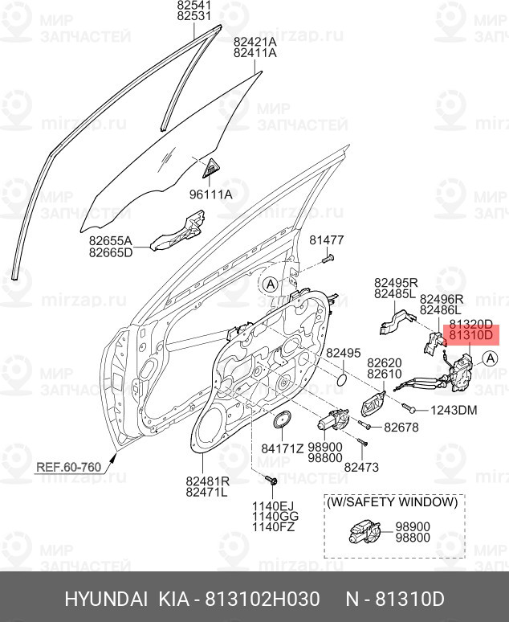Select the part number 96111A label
coord(210,194)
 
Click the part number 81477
coord(327,239)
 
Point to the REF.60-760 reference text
coord(68,466)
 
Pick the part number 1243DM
coord(454,411)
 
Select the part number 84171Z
coord(282,448)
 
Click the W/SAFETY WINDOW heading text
coord(392,501)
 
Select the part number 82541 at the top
coord(194,5)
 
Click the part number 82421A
coord(254,42)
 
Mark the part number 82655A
coord(111,239)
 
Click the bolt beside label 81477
coord(328,259)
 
